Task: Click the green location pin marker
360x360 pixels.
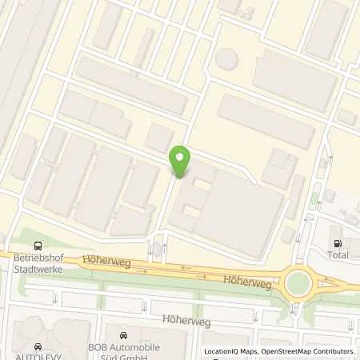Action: pos(181,162)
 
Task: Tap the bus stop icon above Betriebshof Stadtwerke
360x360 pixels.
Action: pos(36,246)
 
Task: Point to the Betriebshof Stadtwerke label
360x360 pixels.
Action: pos(36,264)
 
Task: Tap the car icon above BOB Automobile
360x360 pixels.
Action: pos(123,336)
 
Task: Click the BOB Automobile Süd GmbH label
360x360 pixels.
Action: pos(123,350)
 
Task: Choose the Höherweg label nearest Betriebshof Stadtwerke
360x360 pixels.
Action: pos(101,261)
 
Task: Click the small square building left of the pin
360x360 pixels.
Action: pos(158,138)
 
